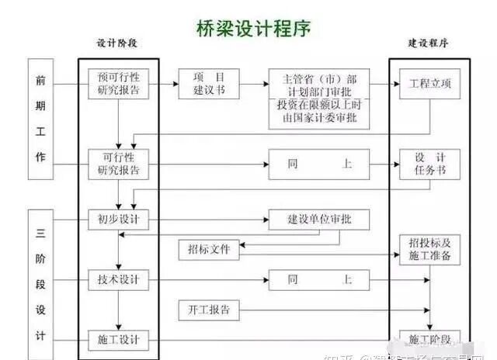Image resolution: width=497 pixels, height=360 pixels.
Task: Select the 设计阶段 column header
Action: (119, 43)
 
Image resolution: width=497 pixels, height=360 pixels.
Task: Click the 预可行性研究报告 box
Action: (119, 84)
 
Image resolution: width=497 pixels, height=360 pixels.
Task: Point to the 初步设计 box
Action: (119, 219)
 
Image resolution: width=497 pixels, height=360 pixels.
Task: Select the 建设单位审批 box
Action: (319, 219)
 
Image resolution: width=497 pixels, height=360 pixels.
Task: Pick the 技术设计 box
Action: (119, 279)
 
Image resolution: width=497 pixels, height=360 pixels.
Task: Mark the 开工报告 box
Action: (209, 310)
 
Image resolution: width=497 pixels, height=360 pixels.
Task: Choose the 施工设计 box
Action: (119, 340)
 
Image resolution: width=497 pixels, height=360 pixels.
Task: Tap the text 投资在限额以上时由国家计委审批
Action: (319, 112)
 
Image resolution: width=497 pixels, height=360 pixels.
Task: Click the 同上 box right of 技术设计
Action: (319, 279)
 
